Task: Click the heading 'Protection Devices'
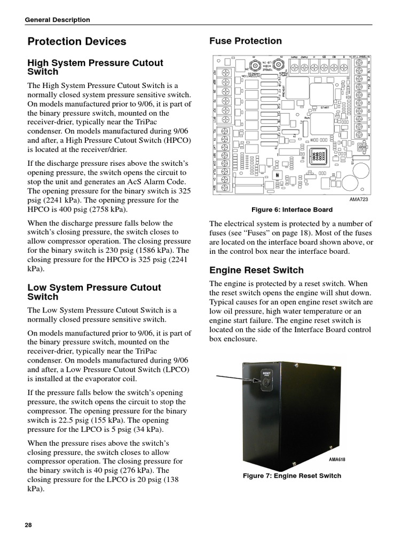77,42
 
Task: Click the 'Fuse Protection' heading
246,41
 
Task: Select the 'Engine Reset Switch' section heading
256,270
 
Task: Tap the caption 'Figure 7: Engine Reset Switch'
292,476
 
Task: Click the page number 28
29,524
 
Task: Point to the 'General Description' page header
58,20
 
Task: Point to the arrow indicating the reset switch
235,378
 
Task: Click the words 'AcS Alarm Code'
138,182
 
